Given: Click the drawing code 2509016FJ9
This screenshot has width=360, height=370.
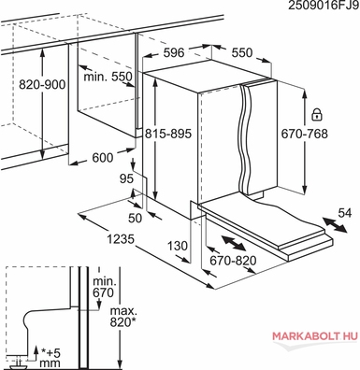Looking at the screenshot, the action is click(x=324, y=6).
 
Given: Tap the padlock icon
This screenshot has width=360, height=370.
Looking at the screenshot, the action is click(x=316, y=115).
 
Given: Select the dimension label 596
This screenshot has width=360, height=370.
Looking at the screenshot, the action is click(x=174, y=52).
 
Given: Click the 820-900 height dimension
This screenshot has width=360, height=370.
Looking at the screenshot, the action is click(x=42, y=84).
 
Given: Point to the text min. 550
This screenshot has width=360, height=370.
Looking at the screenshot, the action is click(x=108, y=77).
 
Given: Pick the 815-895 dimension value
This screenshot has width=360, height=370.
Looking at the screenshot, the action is click(x=168, y=134).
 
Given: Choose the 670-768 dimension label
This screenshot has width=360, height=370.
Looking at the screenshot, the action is click(x=305, y=134).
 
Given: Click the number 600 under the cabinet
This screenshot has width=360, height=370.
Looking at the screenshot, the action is click(x=103, y=158).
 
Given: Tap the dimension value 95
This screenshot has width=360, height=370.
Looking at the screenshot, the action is click(x=126, y=178).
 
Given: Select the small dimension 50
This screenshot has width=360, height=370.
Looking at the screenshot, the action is click(x=136, y=219).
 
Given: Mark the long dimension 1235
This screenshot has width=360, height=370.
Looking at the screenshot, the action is click(x=121, y=239).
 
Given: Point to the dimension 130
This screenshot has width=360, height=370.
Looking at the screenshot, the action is click(x=178, y=246).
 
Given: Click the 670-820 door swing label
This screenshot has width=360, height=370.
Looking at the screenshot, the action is click(x=233, y=261).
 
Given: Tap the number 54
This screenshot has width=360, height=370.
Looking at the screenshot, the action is click(x=345, y=213).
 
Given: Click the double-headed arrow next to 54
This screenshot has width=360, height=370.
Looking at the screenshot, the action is click(x=335, y=225).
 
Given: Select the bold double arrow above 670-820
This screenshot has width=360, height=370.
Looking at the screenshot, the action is click(x=234, y=243).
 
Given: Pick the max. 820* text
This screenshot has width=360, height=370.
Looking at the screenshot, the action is click(x=123, y=316).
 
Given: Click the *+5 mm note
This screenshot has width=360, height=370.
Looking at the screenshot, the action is click(x=50, y=358).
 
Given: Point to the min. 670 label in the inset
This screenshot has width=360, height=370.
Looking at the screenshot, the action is click(x=105, y=287).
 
